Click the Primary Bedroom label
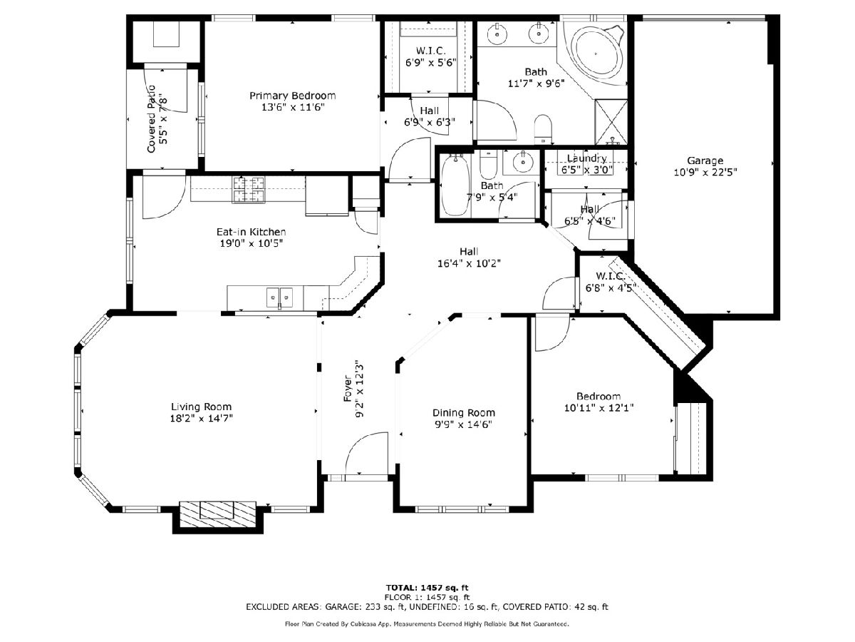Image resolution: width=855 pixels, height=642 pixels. [x=293, y=96]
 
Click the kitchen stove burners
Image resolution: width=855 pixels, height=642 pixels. [x=248, y=189]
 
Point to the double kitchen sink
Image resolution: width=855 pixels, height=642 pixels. [x=279, y=297]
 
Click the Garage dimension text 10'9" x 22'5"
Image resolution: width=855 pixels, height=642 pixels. [x=705, y=172]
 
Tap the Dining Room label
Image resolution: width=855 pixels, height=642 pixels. [x=464, y=413]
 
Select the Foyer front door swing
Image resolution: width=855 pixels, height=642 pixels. [x=366, y=454]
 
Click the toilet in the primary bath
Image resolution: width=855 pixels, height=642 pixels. [x=544, y=128]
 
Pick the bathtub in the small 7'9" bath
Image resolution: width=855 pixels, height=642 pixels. [x=455, y=185]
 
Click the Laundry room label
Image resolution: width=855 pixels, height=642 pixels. [x=586, y=158]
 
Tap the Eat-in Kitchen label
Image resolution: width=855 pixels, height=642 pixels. [x=252, y=232]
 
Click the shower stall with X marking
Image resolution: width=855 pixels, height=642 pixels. [x=611, y=122]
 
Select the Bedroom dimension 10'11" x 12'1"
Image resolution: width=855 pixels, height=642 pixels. [x=598, y=408]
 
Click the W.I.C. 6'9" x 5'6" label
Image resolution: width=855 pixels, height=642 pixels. [x=431, y=56]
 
